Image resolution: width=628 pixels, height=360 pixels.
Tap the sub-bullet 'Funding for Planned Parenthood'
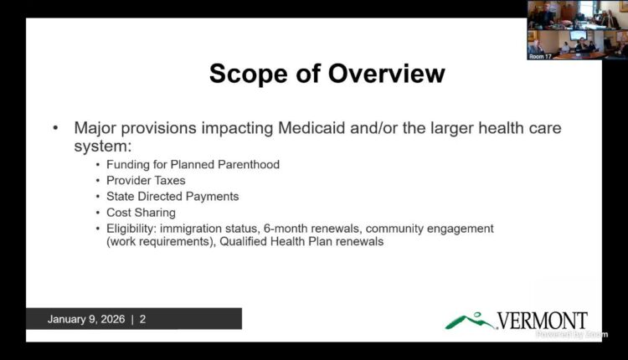click(193, 165)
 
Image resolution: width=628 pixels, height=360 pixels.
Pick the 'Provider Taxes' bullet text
click(146, 181)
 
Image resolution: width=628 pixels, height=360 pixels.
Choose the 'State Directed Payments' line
click(172, 197)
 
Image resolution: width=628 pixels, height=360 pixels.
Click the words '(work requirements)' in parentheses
click(157, 243)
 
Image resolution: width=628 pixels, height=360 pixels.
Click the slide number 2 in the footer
click(143, 319)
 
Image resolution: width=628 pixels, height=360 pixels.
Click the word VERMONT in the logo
click(542, 320)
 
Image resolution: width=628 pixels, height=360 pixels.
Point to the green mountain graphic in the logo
click(470, 320)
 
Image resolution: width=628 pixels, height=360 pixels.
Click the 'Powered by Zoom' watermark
click(572, 334)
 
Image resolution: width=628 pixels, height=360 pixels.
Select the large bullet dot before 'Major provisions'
click(56, 128)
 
